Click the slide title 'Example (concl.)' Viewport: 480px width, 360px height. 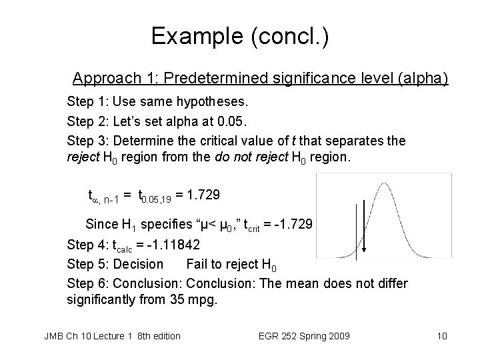239,35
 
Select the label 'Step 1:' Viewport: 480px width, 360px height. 87,103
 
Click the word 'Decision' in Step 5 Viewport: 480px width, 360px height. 139,265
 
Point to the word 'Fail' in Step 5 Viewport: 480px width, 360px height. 198,265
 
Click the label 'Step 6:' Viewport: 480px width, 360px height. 87,284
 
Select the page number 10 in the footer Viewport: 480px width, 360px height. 441,335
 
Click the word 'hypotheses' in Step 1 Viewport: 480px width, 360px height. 214,103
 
